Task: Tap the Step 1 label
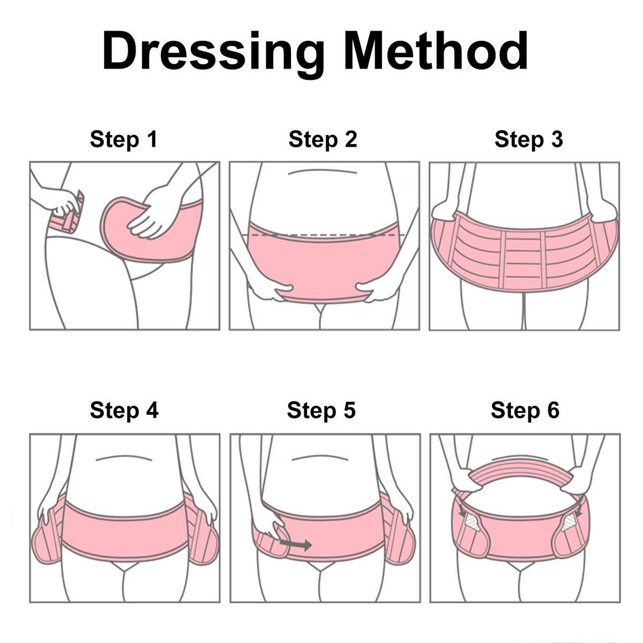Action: click(123, 139)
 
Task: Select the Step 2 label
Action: click(323, 139)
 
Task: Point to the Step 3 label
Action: click(529, 139)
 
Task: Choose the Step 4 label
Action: click(124, 410)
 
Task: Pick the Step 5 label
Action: click(322, 410)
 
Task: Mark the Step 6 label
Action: click(525, 410)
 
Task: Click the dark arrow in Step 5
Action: click(296, 544)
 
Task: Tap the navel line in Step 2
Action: click(321, 172)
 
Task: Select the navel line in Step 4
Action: click(124, 458)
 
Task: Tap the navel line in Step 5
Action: click(320, 457)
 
